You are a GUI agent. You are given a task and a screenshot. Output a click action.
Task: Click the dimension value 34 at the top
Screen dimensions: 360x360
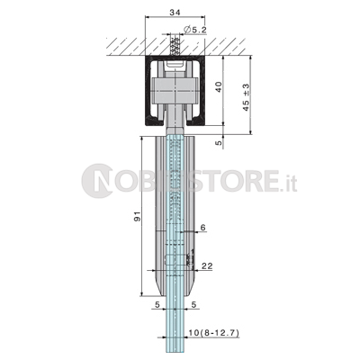pyautogui.click(x=175, y=12)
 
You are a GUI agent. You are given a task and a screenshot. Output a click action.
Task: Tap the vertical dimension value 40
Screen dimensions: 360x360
pyautogui.click(x=219, y=86)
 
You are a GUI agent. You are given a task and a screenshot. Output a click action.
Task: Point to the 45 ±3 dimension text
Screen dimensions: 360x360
pyautogui.click(x=246, y=97)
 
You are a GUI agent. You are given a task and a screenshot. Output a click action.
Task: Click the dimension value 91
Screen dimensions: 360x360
pyautogui.click(x=137, y=216)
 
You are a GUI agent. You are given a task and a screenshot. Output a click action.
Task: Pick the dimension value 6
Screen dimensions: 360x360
pyautogui.click(x=203, y=228)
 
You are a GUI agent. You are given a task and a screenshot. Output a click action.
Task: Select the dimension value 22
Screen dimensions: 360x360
pyautogui.click(x=207, y=265)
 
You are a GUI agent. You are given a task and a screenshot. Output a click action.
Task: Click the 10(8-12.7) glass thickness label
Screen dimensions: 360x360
pyautogui.click(x=213, y=332)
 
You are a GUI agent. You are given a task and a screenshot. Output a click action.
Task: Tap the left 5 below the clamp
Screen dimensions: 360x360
pyautogui.click(x=157, y=305)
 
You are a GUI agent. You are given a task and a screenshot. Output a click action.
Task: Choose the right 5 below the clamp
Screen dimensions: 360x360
pyautogui.click(x=193, y=305)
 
